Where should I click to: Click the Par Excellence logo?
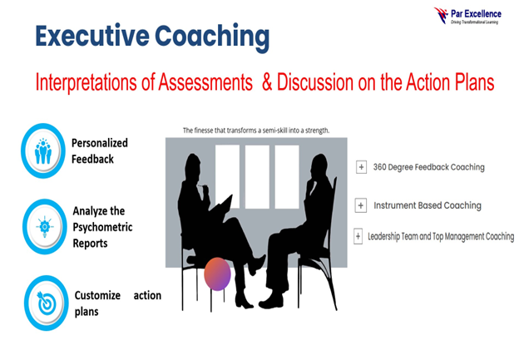[x=467, y=16]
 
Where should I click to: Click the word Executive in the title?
[x=92, y=36]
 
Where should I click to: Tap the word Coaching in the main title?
[x=212, y=37]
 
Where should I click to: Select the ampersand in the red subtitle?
[x=267, y=81]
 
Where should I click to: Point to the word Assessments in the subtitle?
[x=205, y=81]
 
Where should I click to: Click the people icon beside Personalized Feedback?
[x=43, y=150]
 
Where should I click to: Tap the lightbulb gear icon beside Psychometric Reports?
[x=44, y=227]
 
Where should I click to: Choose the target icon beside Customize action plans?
[x=47, y=303]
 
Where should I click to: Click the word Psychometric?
[x=102, y=227]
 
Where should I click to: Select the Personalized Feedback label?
[x=100, y=150]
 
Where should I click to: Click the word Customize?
[x=97, y=295]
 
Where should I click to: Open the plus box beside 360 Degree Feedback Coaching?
[x=361, y=167]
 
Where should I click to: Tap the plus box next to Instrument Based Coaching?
[x=360, y=205]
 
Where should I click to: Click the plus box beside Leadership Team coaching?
[x=358, y=236]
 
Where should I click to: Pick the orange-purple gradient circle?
[x=217, y=274]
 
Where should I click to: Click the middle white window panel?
[x=257, y=177]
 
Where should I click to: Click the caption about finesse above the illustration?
[x=256, y=131]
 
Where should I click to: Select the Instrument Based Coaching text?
[x=428, y=205]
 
